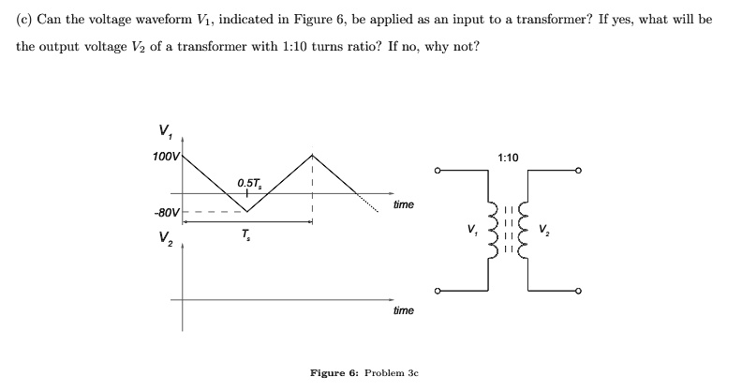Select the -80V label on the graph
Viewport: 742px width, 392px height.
(165, 212)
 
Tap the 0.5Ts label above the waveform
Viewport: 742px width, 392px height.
(249, 183)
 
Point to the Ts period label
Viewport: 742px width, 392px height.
(245, 234)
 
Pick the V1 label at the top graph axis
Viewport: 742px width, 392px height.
(166, 129)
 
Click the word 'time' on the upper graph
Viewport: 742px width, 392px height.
(403, 204)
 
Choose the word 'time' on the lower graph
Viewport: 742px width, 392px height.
(403, 309)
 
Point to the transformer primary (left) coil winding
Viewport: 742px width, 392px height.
(490, 231)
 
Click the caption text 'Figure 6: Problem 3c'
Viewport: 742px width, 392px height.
(364, 373)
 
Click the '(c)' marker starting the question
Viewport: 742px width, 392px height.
(25, 20)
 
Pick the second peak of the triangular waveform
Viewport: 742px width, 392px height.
(312, 155)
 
